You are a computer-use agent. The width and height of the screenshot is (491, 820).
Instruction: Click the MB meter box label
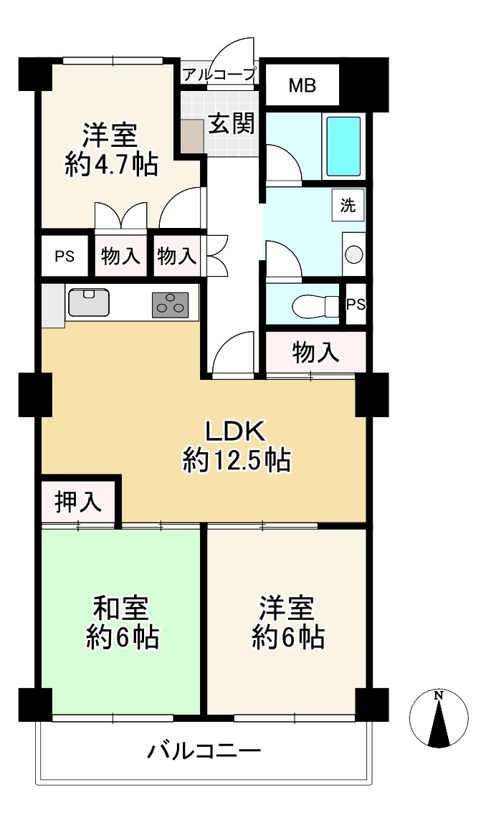pos(302,87)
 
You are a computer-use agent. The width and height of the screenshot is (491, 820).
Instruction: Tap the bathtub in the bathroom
pos(343,146)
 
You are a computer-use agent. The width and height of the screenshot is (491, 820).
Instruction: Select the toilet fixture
pos(315,306)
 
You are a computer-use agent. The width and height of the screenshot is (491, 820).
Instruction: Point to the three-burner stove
pos(171,305)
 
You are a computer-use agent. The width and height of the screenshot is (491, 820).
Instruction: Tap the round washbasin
pos(353,254)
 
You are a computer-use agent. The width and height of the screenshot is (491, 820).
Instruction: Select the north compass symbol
pos(439,719)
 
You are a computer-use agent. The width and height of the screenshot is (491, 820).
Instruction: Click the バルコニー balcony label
pos(204,752)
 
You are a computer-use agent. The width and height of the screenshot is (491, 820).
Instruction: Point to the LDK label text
pos(236,432)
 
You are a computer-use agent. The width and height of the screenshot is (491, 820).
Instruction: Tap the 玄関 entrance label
pos(232,124)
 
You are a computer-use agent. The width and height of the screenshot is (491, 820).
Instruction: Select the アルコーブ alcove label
pos(219,74)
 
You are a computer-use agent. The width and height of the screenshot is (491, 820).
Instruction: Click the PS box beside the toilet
pos(356,304)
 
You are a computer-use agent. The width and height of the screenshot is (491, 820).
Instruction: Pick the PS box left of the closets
pos(65,256)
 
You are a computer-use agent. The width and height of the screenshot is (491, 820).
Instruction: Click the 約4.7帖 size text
pos(111,166)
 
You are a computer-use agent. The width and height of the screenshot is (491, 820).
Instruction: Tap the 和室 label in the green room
pos(121,609)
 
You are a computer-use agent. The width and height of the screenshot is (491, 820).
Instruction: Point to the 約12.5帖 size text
pos(236,460)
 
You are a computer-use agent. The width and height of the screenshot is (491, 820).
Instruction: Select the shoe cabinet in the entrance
pos(191,135)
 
